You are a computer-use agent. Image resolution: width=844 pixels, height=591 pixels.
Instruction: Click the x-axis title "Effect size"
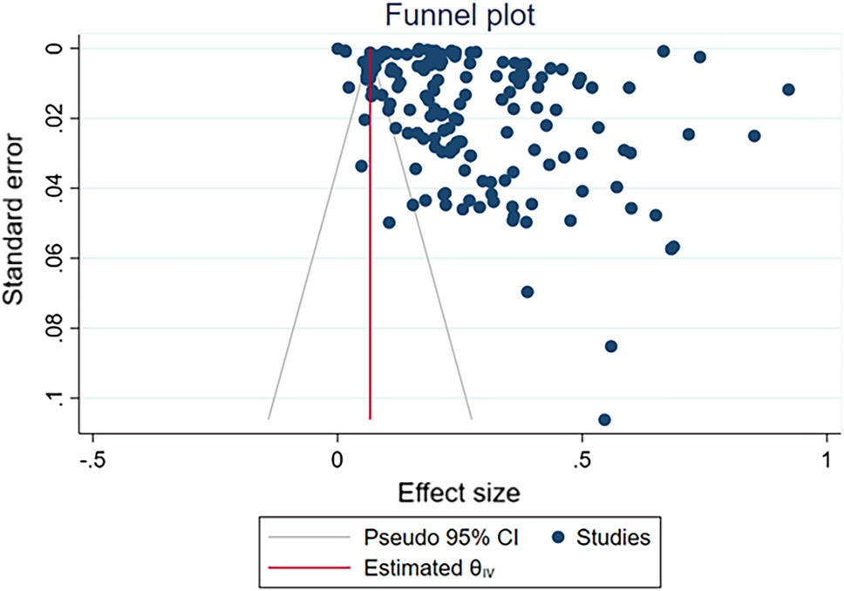[459, 493]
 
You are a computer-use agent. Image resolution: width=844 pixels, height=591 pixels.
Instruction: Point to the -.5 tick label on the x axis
[92, 459]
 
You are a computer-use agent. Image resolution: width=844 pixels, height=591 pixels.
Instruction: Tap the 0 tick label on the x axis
[337, 459]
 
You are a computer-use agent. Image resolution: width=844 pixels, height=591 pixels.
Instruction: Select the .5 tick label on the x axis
[581, 459]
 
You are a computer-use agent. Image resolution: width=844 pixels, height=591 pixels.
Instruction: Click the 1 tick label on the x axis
[826, 459]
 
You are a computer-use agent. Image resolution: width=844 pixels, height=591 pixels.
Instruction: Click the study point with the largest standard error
[604, 420]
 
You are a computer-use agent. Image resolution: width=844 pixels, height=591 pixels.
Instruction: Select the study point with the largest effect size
[789, 90]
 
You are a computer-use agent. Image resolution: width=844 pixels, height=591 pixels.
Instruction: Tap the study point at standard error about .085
[611, 346]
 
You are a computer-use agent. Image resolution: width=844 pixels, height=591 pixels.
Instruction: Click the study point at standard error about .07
[527, 292]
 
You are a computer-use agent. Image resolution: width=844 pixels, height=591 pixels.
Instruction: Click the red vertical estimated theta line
[371, 262]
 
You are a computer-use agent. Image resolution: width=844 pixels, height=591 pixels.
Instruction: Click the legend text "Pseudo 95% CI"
[440, 538]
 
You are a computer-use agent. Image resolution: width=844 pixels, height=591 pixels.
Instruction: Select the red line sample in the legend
[307, 569]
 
